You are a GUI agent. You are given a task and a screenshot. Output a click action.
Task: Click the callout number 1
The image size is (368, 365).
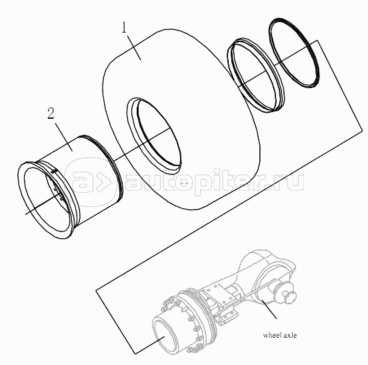pos(124,28)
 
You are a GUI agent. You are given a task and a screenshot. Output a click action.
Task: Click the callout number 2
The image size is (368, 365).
pos(51,113)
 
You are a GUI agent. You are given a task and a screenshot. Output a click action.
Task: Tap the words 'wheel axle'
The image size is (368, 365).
pos(279,335)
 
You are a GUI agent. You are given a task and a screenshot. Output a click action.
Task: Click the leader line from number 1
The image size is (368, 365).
pos(134,47)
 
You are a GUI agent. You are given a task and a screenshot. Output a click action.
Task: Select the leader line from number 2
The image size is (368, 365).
pos(63,137)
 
